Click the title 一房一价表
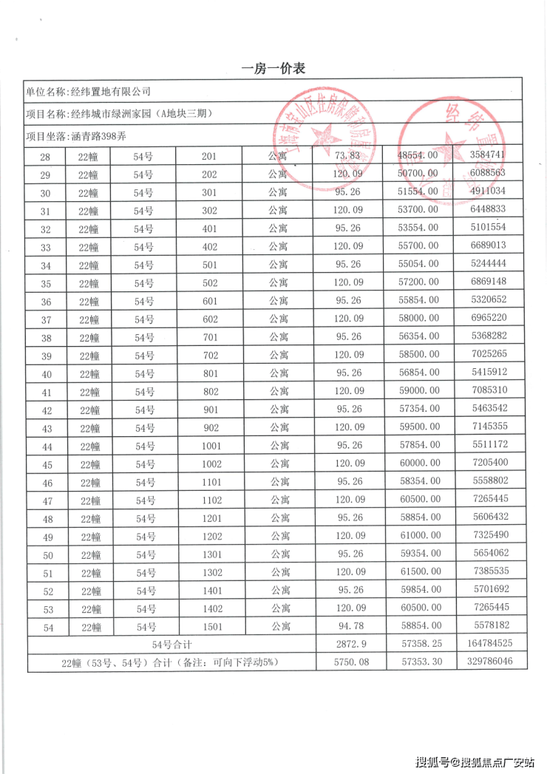pos(273,69)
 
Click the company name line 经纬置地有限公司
pos(88,92)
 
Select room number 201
pos(209,156)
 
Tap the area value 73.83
pos(347,155)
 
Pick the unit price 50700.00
pos(418,173)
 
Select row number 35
pos(47,283)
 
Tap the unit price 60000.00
pos(418,464)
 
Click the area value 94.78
pos(347,627)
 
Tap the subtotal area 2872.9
pos(347,645)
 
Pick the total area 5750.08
pos(347,662)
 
